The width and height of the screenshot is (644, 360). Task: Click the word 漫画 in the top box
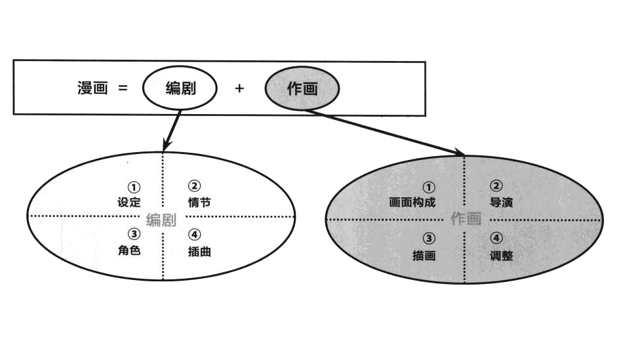click(92, 88)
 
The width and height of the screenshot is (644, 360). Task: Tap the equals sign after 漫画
click(123, 88)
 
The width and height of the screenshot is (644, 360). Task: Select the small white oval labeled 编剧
click(179, 88)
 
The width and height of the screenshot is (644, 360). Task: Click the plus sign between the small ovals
click(239, 88)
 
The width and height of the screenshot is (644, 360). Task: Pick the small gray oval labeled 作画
click(302, 89)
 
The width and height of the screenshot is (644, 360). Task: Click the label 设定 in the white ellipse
click(129, 202)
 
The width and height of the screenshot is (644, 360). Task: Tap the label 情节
click(199, 202)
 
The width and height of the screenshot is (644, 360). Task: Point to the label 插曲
click(199, 251)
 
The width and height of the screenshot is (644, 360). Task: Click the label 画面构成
click(413, 203)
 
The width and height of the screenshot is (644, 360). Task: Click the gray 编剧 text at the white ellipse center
click(161, 220)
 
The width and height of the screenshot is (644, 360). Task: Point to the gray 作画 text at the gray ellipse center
click(466, 220)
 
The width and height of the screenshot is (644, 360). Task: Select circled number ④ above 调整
click(496, 239)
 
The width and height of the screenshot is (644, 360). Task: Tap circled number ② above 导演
click(496, 186)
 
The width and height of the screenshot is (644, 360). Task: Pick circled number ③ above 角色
click(134, 234)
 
